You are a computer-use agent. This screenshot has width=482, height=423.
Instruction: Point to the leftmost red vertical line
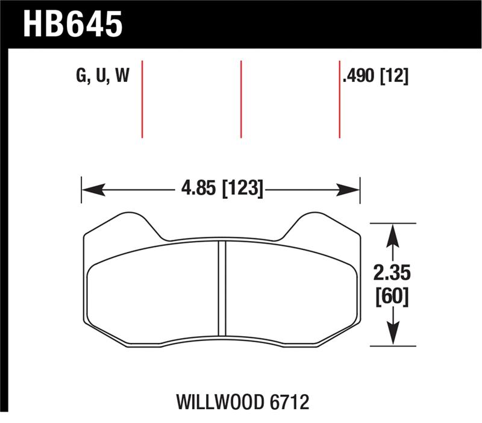coord(142,99)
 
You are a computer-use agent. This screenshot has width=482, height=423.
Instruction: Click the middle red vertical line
coord(241,99)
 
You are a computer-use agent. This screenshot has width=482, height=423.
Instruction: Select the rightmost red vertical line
coord(340,99)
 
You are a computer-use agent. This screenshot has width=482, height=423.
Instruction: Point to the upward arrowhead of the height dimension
coord(392,233)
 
